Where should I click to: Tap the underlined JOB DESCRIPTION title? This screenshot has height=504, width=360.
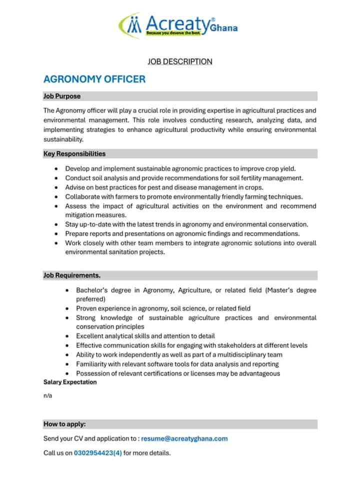tap(180, 62)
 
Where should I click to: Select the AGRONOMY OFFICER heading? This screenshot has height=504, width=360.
tap(94, 79)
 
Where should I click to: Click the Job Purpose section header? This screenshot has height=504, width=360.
tap(62, 96)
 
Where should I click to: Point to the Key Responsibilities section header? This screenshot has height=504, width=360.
tap(74, 154)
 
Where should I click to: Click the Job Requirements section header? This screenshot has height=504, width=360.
tap(72, 275)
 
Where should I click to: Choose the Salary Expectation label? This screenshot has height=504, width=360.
tap(70, 382)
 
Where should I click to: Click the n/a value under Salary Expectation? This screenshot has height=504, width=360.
tap(47, 395)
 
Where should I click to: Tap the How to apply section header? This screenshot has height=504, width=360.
tap(64, 424)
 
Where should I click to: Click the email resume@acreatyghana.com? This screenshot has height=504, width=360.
tap(184, 438)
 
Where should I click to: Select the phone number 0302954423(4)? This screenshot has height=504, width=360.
tap(98, 453)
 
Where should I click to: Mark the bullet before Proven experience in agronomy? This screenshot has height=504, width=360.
tap(68, 309)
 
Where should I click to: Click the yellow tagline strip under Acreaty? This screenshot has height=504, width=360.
tap(168, 34)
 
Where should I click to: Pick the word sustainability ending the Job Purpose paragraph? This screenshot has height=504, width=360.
tap(63, 139)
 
